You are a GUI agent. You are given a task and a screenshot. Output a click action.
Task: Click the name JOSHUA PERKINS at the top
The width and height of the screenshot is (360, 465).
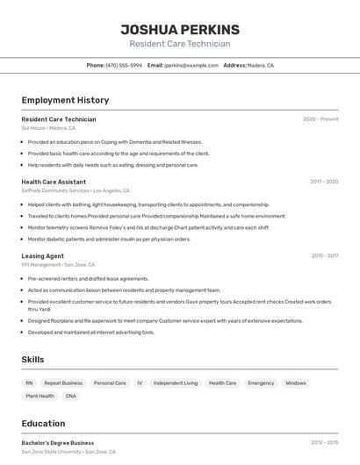click(x=179, y=30)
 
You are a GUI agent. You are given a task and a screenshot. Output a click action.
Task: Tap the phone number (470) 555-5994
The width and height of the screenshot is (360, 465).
click(x=124, y=65)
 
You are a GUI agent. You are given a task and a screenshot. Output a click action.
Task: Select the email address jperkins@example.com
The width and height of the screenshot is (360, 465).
click(x=191, y=65)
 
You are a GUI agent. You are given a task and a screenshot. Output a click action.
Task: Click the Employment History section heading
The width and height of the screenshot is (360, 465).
click(x=65, y=100)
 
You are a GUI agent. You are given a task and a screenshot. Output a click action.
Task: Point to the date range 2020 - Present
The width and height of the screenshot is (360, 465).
click(x=320, y=119)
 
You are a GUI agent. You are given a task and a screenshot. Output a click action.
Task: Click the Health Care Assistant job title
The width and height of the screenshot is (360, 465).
click(x=54, y=182)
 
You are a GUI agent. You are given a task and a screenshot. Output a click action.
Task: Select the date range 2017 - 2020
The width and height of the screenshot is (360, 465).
click(x=324, y=182)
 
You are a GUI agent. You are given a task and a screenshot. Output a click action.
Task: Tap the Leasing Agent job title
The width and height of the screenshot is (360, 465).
click(x=43, y=256)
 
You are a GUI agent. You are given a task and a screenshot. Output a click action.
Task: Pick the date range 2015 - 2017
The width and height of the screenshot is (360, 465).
click(x=324, y=256)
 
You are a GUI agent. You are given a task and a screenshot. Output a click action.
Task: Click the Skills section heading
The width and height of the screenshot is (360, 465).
click(x=33, y=360)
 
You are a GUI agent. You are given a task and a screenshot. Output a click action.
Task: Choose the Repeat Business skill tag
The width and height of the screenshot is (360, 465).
click(x=63, y=383)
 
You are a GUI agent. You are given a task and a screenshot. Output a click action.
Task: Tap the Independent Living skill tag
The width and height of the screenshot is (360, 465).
click(x=176, y=383)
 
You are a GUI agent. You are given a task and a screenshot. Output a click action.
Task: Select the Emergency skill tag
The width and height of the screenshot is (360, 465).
click(x=261, y=383)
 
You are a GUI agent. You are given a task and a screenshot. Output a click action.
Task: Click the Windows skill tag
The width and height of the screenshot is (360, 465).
click(x=296, y=383)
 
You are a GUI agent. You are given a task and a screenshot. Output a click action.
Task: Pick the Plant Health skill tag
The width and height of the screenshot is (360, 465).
click(x=40, y=396)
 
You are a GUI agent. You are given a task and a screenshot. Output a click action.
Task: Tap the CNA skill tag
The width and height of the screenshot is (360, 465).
click(x=71, y=396)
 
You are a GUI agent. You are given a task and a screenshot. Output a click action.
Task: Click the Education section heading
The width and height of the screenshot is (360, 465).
click(x=44, y=423)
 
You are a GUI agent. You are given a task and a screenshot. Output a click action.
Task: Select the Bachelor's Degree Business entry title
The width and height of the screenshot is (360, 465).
click(x=58, y=443)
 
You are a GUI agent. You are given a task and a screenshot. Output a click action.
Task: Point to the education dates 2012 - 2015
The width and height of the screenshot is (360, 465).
click(x=324, y=443)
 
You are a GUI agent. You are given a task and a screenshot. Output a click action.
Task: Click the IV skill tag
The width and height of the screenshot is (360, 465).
click(x=140, y=383)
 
